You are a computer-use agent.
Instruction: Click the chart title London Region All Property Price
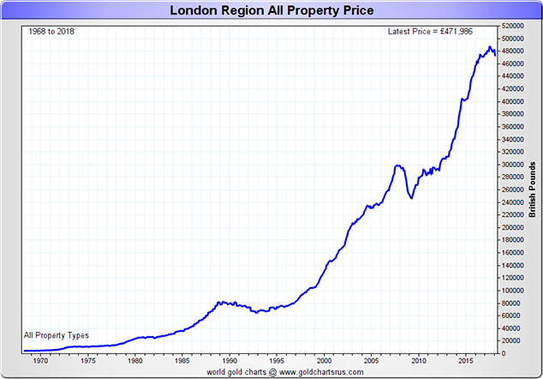click(271, 11)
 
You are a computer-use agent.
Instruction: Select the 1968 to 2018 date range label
click(49, 32)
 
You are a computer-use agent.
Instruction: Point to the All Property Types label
click(57, 335)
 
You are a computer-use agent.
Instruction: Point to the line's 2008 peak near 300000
click(398, 165)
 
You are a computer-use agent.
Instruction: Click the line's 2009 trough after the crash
click(412, 198)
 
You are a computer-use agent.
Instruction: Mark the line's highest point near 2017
click(489, 47)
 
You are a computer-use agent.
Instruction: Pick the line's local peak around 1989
click(221, 302)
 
